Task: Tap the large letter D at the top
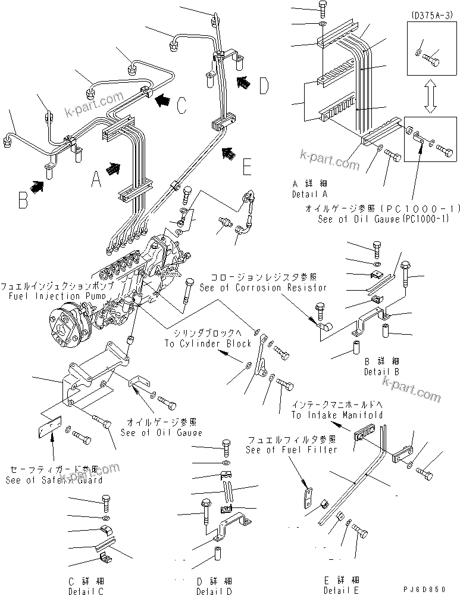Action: pos(264,86)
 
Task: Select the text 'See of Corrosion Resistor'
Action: pos(263,287)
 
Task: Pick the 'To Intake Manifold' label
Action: pos(336,415)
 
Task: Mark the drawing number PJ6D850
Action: pos(427,588)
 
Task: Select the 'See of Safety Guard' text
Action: pos(54,479)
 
